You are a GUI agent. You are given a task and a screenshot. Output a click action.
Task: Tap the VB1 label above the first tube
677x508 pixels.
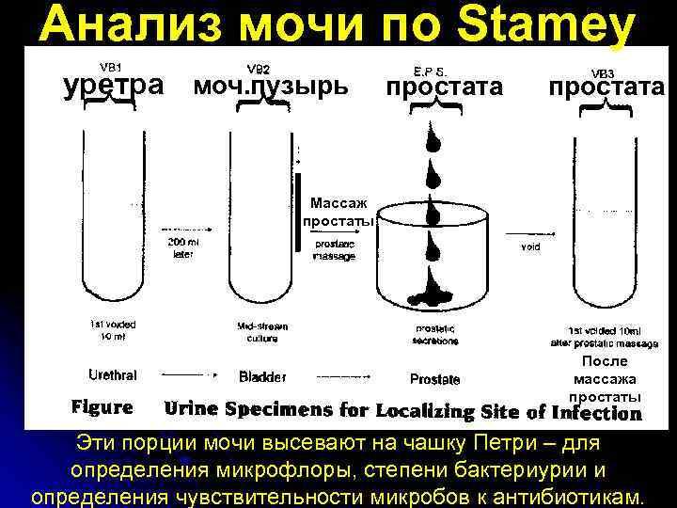pyautogui.click(x=111, y=68)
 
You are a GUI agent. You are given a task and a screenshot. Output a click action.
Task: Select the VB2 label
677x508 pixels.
pyautogui.click(x=258, y=69)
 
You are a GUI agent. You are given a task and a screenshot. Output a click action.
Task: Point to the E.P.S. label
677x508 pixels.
pyautogui.click(x=431, y=70)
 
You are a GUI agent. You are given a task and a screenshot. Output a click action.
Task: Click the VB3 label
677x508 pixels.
pyautogui.click(x=603, y=72)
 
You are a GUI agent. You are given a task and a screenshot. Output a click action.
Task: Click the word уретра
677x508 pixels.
pyautogui.click(x=113, y=86)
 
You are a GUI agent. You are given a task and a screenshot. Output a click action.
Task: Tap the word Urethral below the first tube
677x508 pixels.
pyautogui.click(x=112, y=375)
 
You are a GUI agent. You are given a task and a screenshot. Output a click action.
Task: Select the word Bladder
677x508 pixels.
pyautogui.click(x=262, y=377)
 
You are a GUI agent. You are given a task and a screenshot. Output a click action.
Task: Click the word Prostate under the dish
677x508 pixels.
pyautogui.click(x=434, y=379)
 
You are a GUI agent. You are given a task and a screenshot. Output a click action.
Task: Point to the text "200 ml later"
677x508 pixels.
pyautogui.click(x=183, y=247)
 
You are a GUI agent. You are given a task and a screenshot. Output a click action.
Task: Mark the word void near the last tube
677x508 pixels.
pyautogui.click(x=530, y=247)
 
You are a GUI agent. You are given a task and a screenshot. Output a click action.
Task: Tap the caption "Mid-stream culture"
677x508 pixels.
pyautogui.click(x=262, y=331)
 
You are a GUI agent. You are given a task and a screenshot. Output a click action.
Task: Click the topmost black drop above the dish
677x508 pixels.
pyautogui.click(x=433, y=141)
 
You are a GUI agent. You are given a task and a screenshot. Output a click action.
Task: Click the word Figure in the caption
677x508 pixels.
pyautogui.click(x=102, y=408)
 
